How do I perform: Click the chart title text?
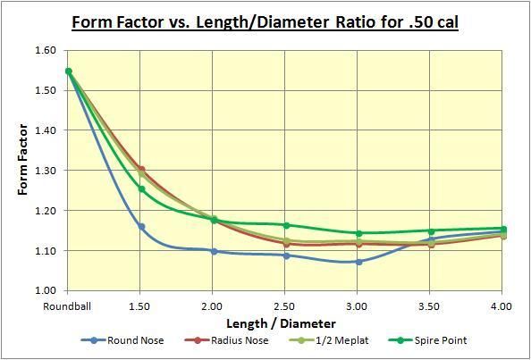click(x=265, y=19)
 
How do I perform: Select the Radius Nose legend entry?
click(x=231, y=340)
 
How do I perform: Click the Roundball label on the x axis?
click(x=68, y=306)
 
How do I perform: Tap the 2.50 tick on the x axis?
click(x=285, y=306)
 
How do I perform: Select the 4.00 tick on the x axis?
click(x=502, y=306)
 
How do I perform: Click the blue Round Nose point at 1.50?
click(x=141, y=227)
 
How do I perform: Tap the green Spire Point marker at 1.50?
click(x=141, y=189)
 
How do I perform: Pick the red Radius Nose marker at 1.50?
click(x=141, y=170)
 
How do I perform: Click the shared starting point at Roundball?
click(x=69, y=71)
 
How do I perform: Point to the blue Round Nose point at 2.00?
click(x=214, y=251)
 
